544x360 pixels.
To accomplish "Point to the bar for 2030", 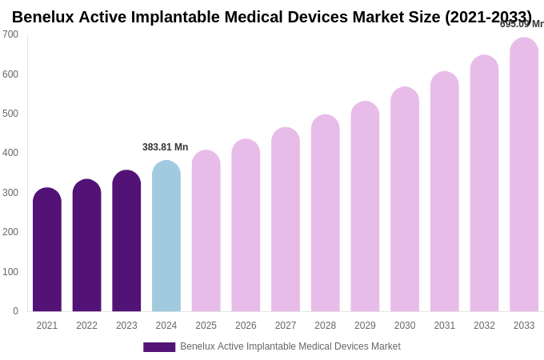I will pos(405,199).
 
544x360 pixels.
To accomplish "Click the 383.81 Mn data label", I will pos(166,147).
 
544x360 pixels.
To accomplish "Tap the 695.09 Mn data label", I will pos(522,24).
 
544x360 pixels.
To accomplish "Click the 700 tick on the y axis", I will pos(10,34).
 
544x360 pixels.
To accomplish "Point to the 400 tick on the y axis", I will pos(10,153).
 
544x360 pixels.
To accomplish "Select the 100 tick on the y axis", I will pos(10,272).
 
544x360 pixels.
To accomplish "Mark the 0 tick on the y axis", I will pos(15,311).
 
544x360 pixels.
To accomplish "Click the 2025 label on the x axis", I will pos(206,326).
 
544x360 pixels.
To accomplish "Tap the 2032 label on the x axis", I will pos(484,326).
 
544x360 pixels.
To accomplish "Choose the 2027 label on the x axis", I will pos(286,326).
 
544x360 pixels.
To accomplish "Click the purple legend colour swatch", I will pos(159,347).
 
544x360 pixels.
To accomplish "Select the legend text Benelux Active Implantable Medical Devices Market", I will pos(290,346).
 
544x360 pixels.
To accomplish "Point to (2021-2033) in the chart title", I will pos(488,17).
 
